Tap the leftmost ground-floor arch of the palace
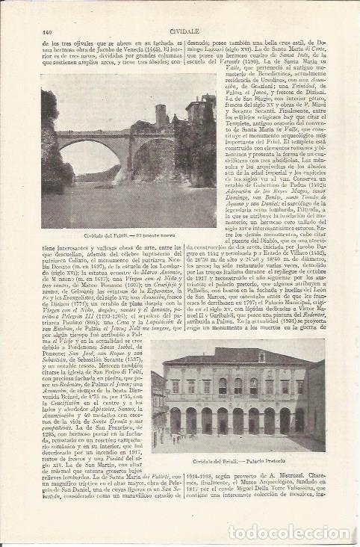(176, 421)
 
